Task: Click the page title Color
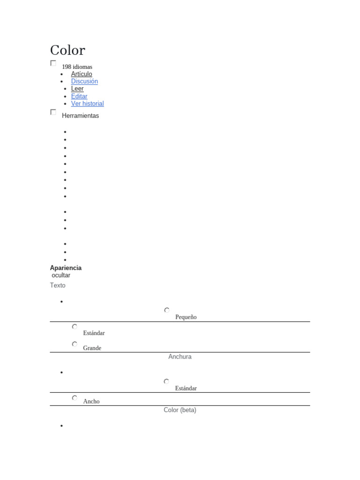[67, 50]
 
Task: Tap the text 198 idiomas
[77, 67]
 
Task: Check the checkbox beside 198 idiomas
[53, 63]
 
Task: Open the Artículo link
[82, 74]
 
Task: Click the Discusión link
[84, 81]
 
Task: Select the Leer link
[77, 89]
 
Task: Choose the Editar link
[79, 96]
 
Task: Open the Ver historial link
[87, 104]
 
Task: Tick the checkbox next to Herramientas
[53, 112]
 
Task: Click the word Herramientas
[80, 116]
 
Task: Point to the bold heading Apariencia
[66, 268]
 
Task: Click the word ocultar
[61, 275]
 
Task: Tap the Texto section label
[58, 285]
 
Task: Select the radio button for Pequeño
[167, 310]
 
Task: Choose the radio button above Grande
[75, 344]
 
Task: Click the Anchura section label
[180, 357]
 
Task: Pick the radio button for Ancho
[75, 398]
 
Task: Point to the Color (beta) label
[180, 410]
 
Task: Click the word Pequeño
[186, 317]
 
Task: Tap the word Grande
[92, 348]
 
